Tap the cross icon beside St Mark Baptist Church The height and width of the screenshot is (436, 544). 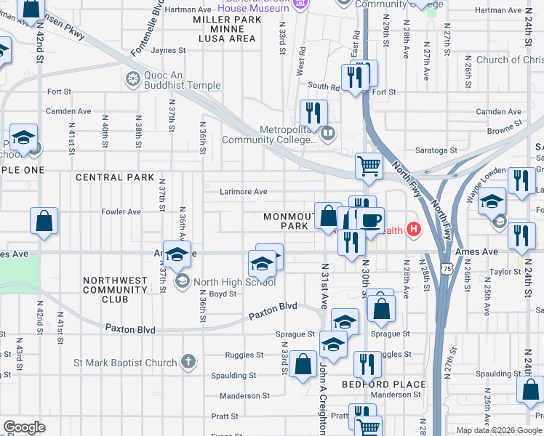[x=188, y=362]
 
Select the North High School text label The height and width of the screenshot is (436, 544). [x=225, y=282]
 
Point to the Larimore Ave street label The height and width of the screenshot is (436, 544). [x=244, y=192]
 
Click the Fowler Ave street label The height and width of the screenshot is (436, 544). [x=121, y=211]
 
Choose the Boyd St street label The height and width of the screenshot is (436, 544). [x=223, y=294]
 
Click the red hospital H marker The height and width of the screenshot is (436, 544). [x=413, y=230]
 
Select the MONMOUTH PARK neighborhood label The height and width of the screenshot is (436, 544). [x=287, y=222]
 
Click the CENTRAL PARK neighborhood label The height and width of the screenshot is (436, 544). [x=114, y=177]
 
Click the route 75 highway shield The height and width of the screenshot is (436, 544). [x=447, y=269]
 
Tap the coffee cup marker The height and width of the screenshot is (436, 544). [x=370, y=220]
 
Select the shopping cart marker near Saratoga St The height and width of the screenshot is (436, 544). [x=369, y=166]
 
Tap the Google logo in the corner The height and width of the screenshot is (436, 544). [x=24, y=427]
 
